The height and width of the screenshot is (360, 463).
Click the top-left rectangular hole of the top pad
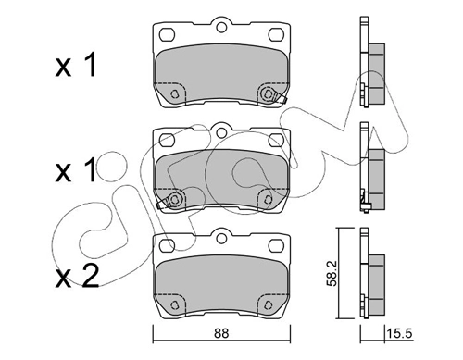coord(167,35)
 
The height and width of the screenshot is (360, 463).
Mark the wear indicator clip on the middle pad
coord(170,200)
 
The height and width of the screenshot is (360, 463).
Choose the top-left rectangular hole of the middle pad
coord(167,141)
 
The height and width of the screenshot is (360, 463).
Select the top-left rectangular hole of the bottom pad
coord(167,246)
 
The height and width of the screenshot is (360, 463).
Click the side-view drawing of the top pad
coord(371,70)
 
